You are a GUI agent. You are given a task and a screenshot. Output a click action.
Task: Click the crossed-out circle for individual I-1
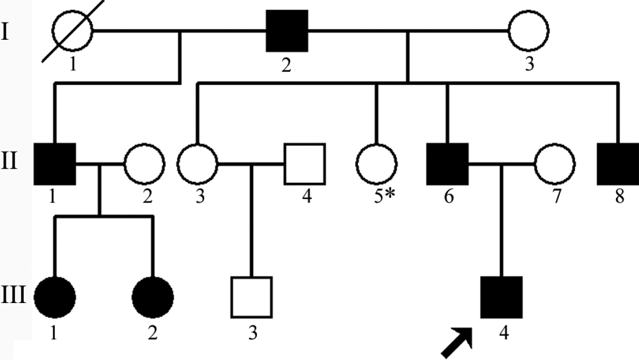(73, 30)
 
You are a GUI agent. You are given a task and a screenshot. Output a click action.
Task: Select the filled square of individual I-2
(288, 30)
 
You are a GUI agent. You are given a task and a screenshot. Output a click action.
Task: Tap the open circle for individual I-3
(529, 30)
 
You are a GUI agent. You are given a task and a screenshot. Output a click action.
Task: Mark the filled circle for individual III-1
(54, 297)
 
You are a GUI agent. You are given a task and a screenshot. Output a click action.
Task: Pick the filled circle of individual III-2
(153, 297)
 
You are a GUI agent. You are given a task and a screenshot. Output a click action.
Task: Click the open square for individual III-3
(252, 297)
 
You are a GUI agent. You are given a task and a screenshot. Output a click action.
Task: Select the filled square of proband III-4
(501, 297)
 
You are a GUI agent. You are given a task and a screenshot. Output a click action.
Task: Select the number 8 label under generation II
(619, 198)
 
